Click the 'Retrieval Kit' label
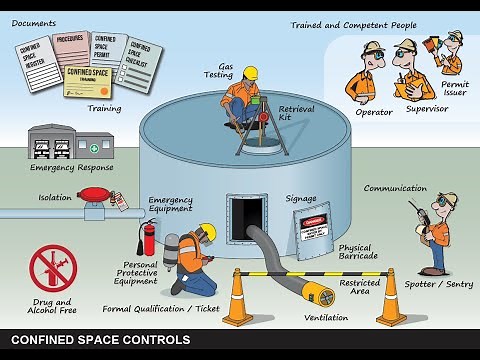coord(297,112)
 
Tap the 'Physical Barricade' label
coord(357,252)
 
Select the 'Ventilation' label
coord(327,317)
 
